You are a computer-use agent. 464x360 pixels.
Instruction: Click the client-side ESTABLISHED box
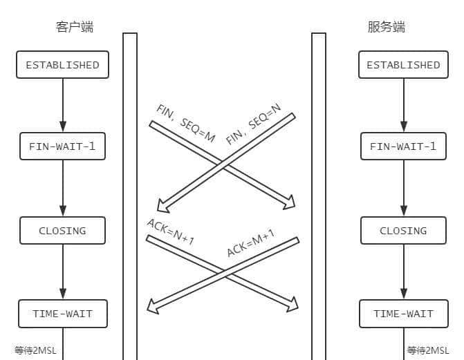(62, 65)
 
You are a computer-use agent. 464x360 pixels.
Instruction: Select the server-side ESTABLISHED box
(403, 65)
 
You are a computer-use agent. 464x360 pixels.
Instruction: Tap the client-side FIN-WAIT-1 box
(62, 146)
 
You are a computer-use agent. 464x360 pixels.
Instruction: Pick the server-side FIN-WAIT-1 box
(403, 146)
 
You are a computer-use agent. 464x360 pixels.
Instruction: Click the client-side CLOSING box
(62, 231)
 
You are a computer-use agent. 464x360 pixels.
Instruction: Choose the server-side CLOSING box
(403, 231)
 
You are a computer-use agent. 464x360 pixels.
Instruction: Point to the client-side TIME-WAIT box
(62, 314)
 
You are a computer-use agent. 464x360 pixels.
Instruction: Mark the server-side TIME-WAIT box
(403, 314)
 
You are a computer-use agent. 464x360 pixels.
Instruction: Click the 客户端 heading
(75, 28)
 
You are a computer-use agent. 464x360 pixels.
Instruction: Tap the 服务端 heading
(386, 28)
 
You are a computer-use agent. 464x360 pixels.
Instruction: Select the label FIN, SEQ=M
(186, 124)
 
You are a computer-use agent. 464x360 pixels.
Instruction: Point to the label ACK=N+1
(171, 232)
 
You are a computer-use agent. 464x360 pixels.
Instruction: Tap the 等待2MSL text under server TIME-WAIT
(428, 350)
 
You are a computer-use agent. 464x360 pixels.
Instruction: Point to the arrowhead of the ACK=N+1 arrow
(293, 304)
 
